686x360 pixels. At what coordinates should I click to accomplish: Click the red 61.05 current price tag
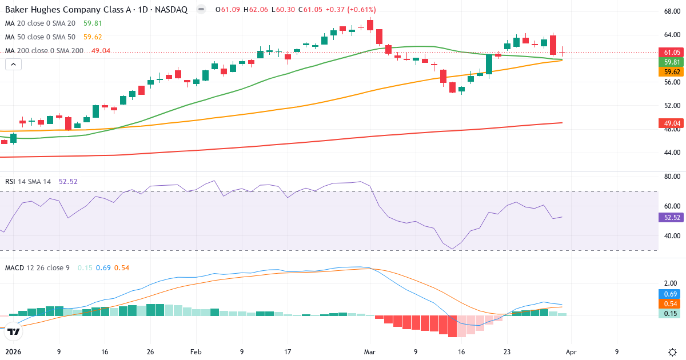click(x=671, y=52)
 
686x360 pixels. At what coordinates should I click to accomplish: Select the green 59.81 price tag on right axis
click(x=671, y=62)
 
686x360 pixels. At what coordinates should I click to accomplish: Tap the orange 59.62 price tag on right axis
click(x=671, y=72)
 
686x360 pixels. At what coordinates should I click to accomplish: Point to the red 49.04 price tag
click(x=671, y=123)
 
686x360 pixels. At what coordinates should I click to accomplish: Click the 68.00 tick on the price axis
click(x=671, y=11)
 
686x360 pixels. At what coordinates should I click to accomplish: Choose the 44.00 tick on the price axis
click(x=671, y=153)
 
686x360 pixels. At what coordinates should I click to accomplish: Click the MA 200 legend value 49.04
click(x=101, y=51)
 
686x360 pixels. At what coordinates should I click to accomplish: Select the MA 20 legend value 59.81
click(x=93, y=23)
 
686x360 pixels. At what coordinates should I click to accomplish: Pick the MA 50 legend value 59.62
click(x=93, y=37)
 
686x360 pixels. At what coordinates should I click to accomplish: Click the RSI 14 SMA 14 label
click(x=28, y=182)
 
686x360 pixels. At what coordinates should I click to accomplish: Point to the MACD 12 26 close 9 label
click(x=37, y=267)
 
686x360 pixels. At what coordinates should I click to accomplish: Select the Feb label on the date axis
click(x=196, y=352)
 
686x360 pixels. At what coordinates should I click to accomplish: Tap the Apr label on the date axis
click(x=572, y=352)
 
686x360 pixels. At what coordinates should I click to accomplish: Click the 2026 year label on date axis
click(x=13, y=352)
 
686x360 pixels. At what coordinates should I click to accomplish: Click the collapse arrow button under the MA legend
click(x=13, y=65)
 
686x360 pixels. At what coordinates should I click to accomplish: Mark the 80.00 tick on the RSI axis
click(x=671, y=177)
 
